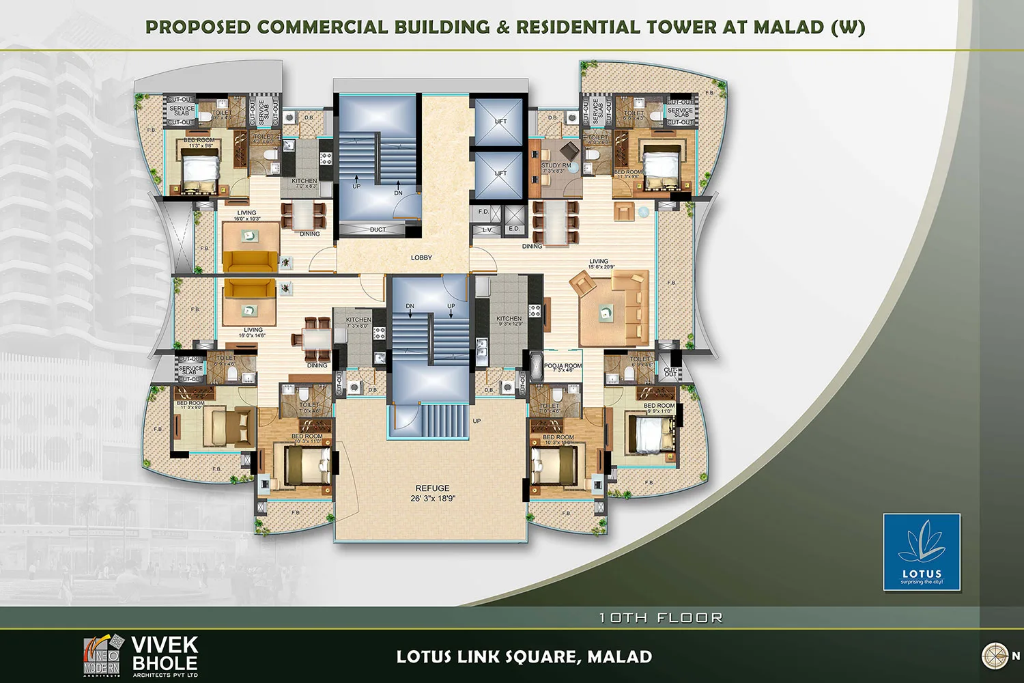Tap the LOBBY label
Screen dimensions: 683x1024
tap(421, 257)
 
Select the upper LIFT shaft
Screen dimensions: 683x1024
tap(500, 122)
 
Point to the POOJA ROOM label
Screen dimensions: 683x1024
tap(563, 367)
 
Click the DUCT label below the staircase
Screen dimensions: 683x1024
tap(378, 229)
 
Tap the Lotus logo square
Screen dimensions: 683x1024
tap(922, 552)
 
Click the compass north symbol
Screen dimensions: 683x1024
tap(995, 656)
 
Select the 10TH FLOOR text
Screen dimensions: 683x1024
tap(660, 617)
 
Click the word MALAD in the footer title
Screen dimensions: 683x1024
tap(619, 657)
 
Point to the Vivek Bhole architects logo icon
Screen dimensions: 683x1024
tap(102, 655)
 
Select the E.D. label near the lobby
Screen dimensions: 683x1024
tap(513, 229)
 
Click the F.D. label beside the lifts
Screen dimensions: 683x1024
tap(483, 212)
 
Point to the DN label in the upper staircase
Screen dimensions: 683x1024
tap(398, 193)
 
